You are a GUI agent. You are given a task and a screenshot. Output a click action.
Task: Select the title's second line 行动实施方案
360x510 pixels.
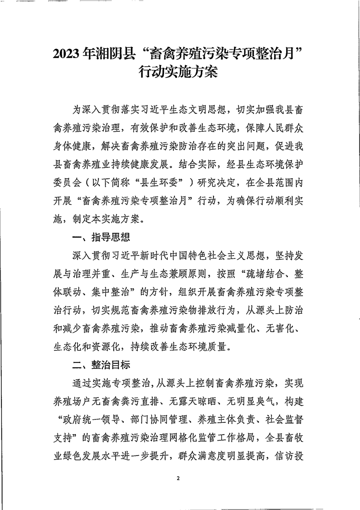pyautogui.click(x=180, y=73)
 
